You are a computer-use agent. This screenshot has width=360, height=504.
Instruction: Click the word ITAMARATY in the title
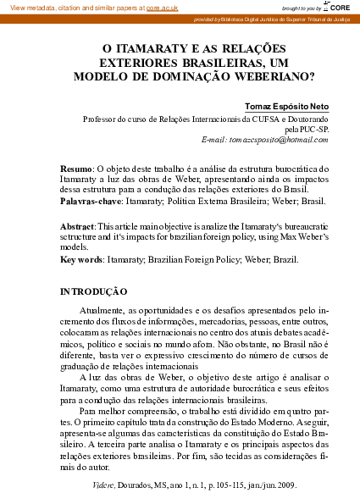145,50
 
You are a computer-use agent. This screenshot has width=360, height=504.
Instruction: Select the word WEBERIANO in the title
267,75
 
